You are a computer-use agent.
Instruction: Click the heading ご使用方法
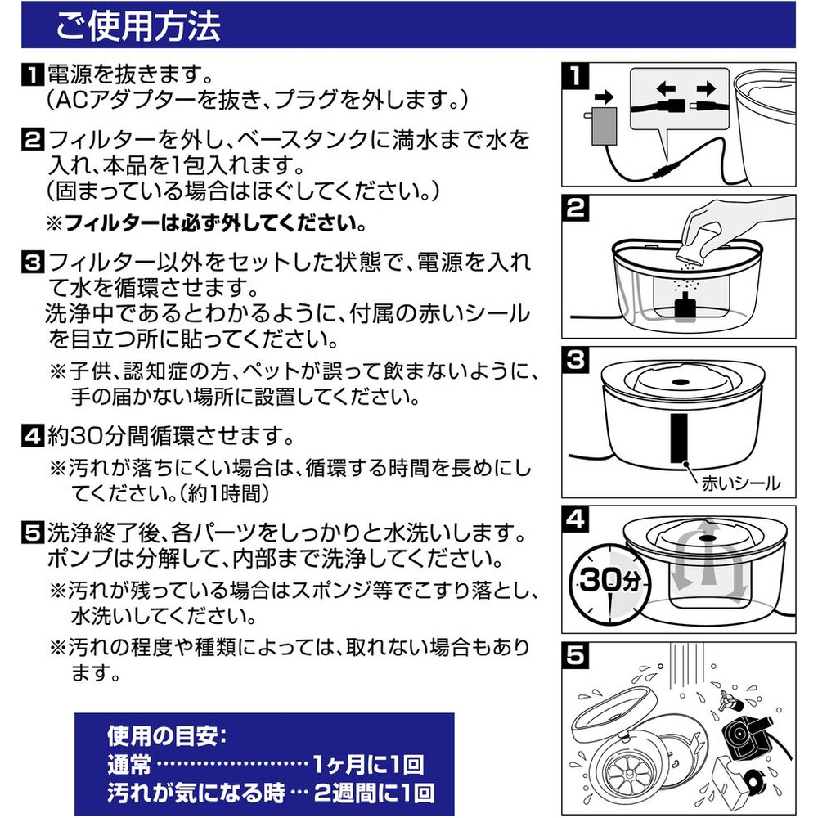coord(138,27)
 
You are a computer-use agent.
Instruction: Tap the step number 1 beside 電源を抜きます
coord(33,75)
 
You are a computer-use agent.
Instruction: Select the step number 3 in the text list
coord(33,262)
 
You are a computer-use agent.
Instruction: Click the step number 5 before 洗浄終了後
coord(33,533)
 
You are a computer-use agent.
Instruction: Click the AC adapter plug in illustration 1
coord(604,124)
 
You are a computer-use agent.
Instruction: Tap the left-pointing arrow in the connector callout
coord(666,88)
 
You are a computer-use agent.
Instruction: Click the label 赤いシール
coord(741,483)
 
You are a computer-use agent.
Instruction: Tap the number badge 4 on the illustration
coord(576,519)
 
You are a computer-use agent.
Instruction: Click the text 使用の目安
coord(167,736)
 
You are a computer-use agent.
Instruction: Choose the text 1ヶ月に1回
coord(368,765)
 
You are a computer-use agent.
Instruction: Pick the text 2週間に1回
coord(374,793)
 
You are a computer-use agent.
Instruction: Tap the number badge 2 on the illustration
coord(576,208)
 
